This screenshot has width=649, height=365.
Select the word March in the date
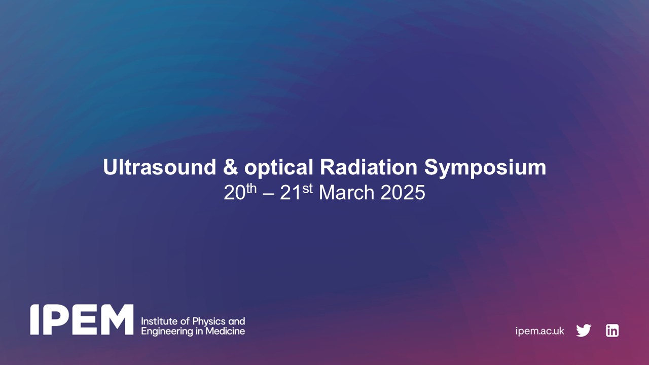pyautogui.click(x=347, y=193)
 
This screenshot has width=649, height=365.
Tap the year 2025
pyautogui.click(x=402, y=193)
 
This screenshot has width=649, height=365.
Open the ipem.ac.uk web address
pyautogui.click(x=539, y=331)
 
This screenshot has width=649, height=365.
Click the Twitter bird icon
pyautogui.click(x=584, y=331)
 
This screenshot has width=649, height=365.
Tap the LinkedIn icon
pyautogui.click(x=612, y=331)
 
